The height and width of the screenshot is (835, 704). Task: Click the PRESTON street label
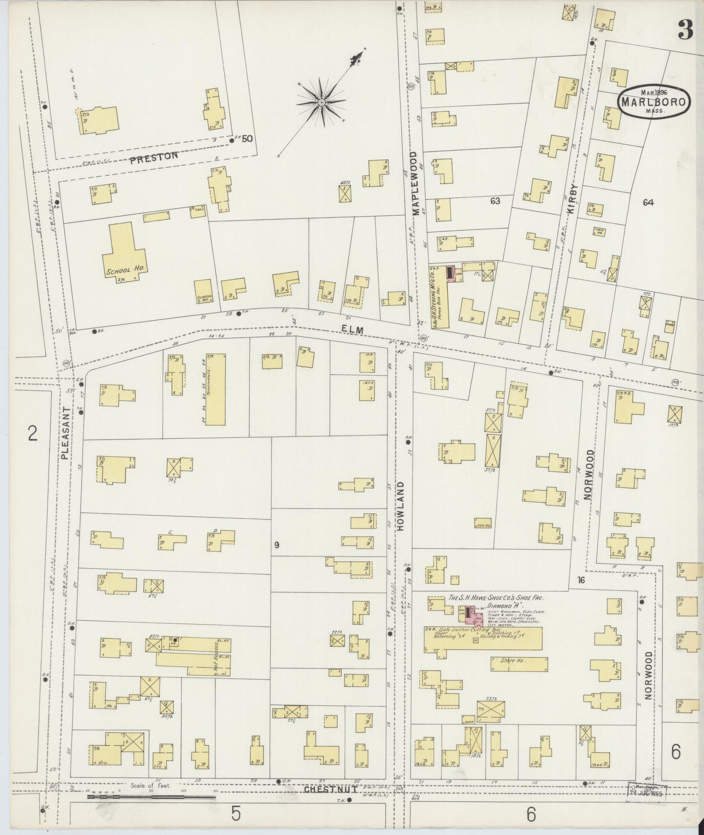point(154,157)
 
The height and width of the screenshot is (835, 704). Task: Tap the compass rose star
point(322,102)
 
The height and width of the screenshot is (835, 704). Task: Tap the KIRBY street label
point(572,199)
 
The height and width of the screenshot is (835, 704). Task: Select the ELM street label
point(353,330)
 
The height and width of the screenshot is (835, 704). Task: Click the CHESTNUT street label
point(330,788)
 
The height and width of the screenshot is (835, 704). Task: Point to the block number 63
point(495,201)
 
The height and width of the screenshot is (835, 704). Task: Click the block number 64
point(647,203)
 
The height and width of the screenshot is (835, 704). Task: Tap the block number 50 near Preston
point(247,138)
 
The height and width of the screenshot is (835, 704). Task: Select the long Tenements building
point(215,389)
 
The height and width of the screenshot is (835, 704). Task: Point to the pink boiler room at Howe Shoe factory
point(470,615)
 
